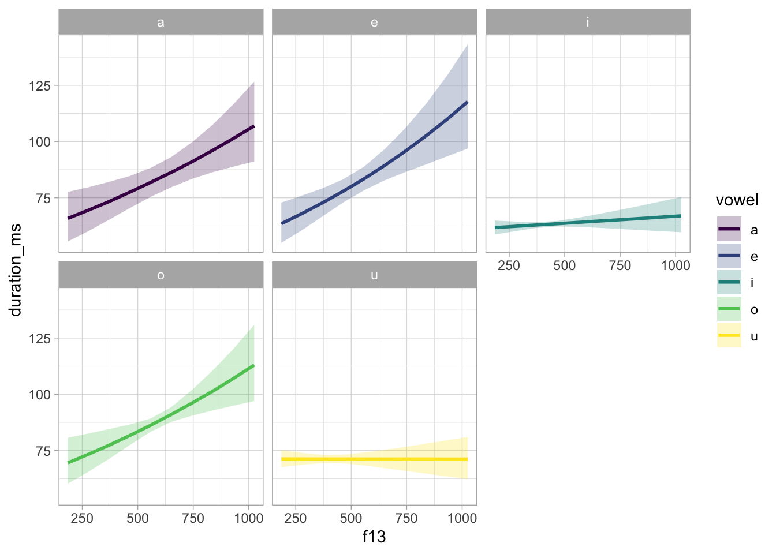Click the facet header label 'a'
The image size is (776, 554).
coord(161,23)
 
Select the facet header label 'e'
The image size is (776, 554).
coord(374,23)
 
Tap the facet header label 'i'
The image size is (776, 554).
coord(588,23)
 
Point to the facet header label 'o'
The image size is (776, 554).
coord(161,275)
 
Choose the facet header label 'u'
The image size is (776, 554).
coord(374,275)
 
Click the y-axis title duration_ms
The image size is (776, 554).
coord(16,270)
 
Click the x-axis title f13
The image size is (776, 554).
coord(374,537)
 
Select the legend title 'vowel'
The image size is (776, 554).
coord(737,200)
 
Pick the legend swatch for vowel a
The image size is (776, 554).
coord(729,229)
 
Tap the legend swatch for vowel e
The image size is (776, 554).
coord(729,256)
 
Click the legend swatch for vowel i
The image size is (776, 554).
coord(729,282)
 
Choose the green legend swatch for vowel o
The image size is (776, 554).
coord(729,309)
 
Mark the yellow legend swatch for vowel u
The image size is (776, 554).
coord(729,335)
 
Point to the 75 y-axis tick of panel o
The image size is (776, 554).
coord(43,451)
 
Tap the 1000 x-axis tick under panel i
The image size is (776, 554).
coord(675,265)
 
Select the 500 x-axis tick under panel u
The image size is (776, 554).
coord(351,518)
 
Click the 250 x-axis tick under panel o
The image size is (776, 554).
coord(82,518)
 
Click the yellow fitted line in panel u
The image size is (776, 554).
coord(374,459)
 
